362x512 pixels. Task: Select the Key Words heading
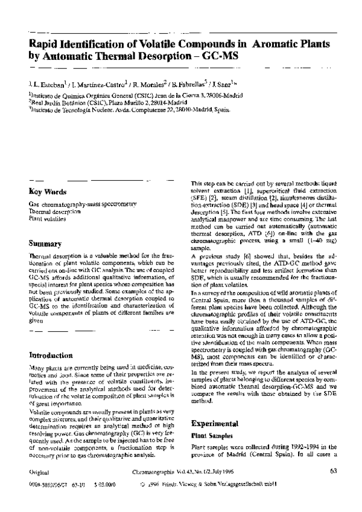pyautogui.click(x=48, y=192)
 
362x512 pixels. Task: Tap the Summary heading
pyautogui.click(x=45, y=244)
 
